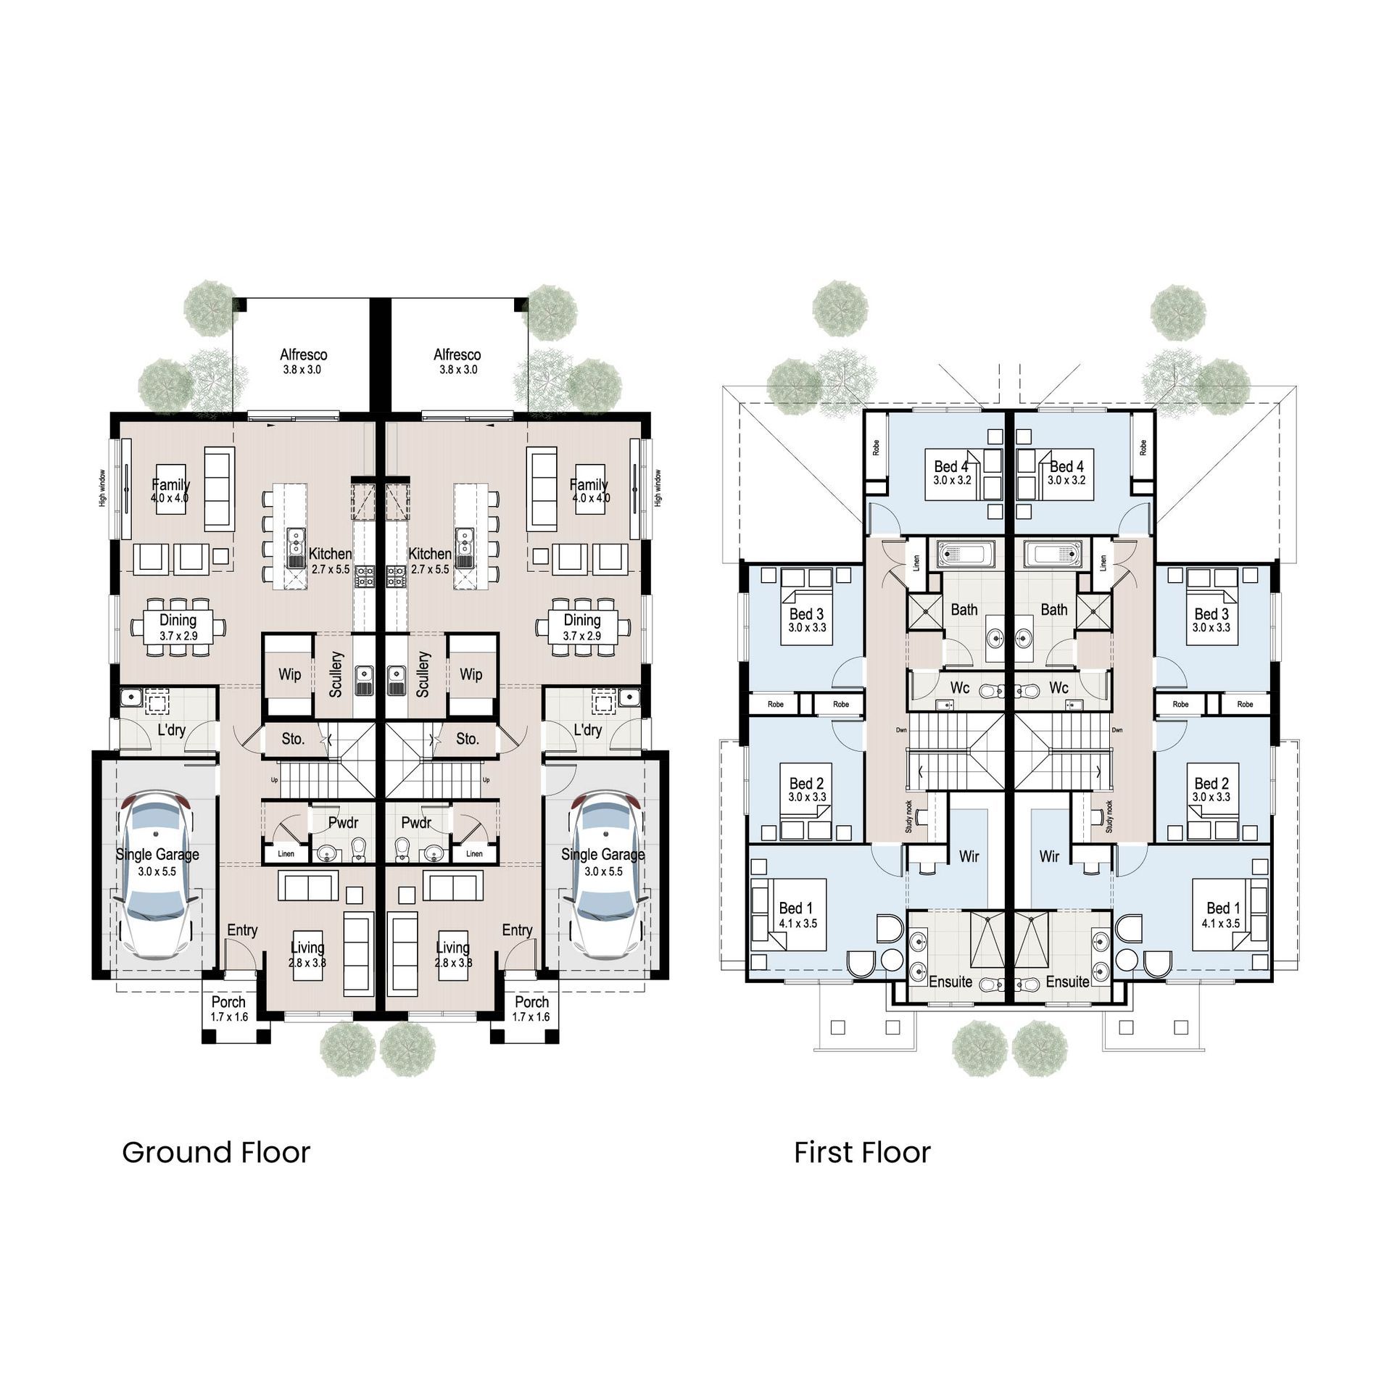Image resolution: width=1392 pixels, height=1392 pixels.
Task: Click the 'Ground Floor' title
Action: (x=216, y=1152)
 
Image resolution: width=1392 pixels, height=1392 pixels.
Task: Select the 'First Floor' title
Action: (x=862, y=1152)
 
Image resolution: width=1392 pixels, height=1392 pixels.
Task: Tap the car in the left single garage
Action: (x=157, y=873)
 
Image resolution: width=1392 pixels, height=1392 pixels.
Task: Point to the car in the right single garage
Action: (x=603, y=873)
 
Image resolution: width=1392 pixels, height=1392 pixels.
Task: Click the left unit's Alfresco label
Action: (x=304, y=355)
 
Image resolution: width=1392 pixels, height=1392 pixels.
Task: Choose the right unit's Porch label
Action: (x=532, y=1002)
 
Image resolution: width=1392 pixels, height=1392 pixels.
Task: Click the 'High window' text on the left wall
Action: (x=103, y=488)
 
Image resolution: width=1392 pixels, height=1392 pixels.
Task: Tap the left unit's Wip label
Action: (x=289, y=674)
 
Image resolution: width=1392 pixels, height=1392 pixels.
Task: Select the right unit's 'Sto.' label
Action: (x=468, y=739)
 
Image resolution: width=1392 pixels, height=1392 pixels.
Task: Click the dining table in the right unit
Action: (x=582, y=626)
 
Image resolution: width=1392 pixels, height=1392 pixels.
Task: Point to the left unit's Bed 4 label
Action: (x=950, y=466)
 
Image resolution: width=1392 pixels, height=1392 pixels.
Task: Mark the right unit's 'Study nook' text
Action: (x=1109, y=816)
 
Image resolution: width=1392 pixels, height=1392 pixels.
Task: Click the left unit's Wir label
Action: (x=969, y=856)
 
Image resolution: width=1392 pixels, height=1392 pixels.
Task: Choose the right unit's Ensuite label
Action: (x=1068, y=982)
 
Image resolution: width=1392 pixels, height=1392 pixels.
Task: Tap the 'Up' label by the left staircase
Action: (x=274, y=780)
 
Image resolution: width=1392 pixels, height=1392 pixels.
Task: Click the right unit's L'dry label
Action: (x=587, y=729)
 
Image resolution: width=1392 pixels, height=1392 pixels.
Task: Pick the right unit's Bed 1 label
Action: (x=1223, y=908)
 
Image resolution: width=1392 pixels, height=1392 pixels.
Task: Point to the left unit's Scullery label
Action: (x=336, y=674)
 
